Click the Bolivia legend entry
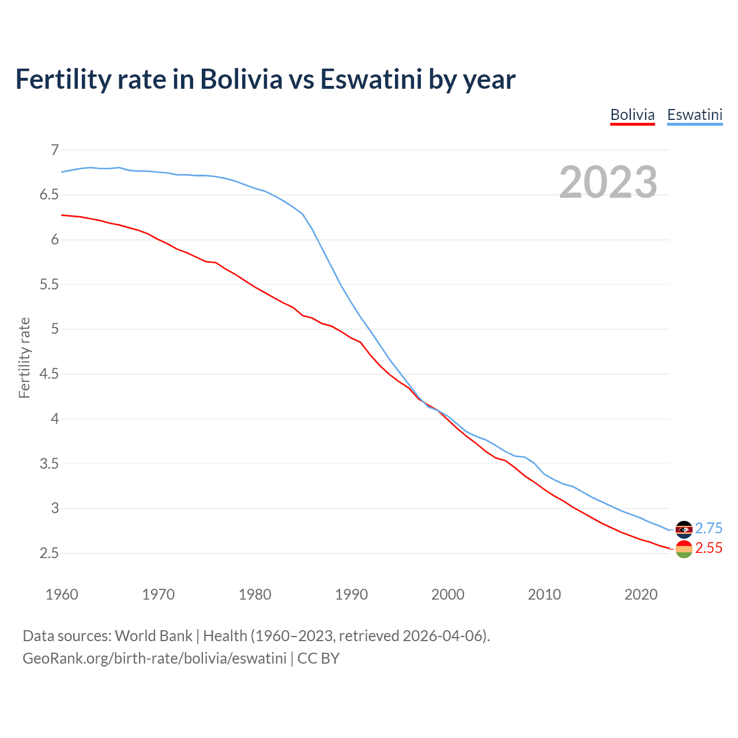(632, 115)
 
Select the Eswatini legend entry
(694, 115)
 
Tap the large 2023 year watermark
(608, 182)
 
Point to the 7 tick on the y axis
(55, 150)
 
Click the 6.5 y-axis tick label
(50, 195)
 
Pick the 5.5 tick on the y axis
(50, 285)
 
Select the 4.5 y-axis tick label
(50, 374)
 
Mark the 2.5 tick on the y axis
(50, 553)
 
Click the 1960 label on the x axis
(62, 594)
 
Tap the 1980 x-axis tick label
(255, 594)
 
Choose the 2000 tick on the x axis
(448, 594)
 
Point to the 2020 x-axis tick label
(641, 594)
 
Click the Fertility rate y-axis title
(24, 357)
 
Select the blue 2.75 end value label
(709, 529)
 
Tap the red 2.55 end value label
(709, 548)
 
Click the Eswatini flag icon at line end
(684, 529)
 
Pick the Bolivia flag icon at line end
(684, 549)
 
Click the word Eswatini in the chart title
(371, 80)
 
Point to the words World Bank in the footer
(153, 636)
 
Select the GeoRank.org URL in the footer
(155, 658)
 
